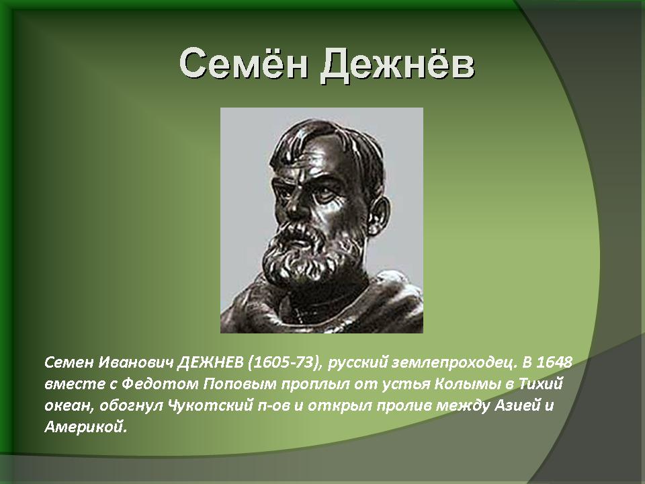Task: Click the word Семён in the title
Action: pos(243,64)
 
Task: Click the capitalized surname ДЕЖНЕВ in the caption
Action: pos(211,362)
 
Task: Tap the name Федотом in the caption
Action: pos(160,385)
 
